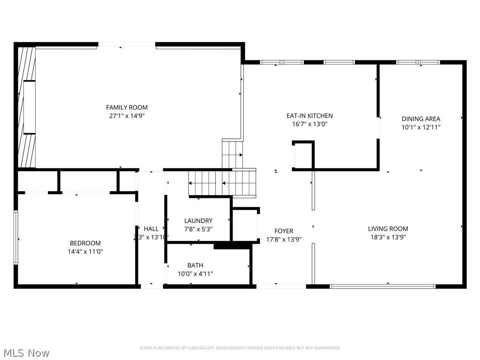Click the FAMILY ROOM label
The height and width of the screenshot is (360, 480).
127,107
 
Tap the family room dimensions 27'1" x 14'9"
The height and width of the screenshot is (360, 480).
127,116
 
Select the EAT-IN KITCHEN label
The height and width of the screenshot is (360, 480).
309,116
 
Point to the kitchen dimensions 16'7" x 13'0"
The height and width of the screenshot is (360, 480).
309,124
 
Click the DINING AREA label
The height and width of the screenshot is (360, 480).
420,119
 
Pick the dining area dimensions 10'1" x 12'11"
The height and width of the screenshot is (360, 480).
420,127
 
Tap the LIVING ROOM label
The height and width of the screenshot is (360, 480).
388,229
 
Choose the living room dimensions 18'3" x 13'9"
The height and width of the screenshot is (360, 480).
388,237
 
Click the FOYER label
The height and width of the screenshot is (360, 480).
284,231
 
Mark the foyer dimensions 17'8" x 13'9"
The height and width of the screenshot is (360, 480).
284,239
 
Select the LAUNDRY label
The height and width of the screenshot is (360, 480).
198,221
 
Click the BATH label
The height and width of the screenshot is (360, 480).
195,265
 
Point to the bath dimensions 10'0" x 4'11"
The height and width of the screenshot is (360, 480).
195,274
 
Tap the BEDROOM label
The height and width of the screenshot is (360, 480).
85,243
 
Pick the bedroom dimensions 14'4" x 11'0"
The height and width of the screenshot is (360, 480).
85,251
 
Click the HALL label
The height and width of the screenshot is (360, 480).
151,229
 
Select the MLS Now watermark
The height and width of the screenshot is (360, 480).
26,352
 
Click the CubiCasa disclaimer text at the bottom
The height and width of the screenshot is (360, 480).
240,348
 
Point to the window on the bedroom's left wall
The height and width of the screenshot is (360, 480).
16,238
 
